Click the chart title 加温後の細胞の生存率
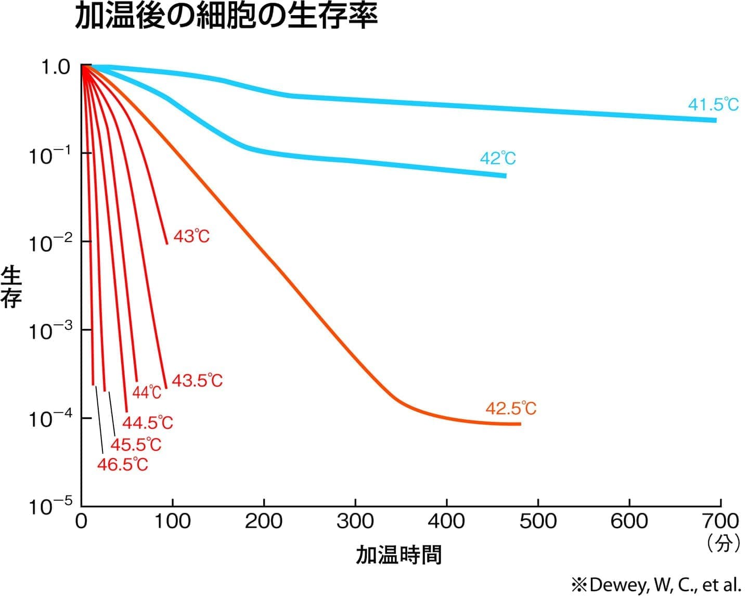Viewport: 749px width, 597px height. [226, 18]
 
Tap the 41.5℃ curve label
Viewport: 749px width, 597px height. [713, 105]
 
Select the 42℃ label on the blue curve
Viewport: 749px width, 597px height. [498, 158]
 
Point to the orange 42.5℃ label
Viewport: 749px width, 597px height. [511, 409]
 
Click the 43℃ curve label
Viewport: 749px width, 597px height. [191, 237]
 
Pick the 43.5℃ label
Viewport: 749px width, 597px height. [197, 380]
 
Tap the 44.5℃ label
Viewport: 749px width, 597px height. [148, 422]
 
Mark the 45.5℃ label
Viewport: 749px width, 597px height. [136, 444]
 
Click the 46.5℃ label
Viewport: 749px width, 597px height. [123, 464]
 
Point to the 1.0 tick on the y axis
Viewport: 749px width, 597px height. [55, 67]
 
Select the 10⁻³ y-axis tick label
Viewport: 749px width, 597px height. [50, 331]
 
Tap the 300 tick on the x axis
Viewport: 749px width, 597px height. [355, 521]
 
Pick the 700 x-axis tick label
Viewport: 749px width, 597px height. [720, 521]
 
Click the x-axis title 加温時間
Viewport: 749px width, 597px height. [399, 555]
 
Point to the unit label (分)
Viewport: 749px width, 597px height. [724, 543]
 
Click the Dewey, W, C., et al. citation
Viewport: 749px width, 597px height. [656, 584]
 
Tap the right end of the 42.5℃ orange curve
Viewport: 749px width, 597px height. [519, 424]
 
